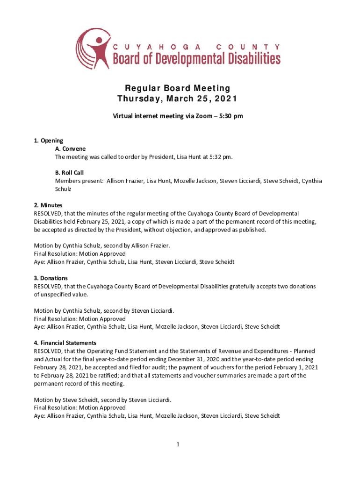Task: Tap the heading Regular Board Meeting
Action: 177,88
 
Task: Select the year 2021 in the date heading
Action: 225,99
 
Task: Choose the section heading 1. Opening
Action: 49,141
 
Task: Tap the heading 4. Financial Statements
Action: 65,343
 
